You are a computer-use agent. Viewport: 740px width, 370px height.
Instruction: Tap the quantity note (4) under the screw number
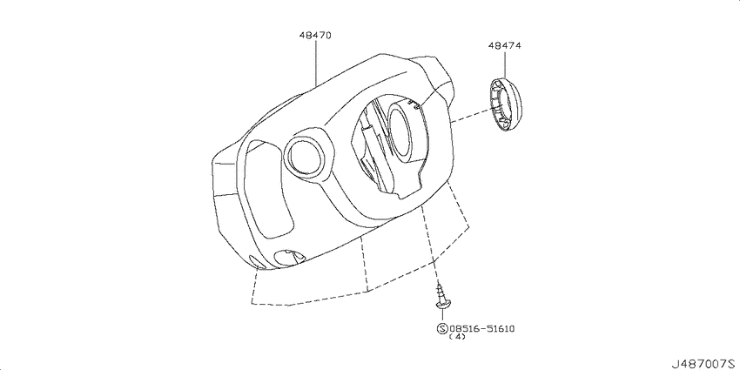point(456,338)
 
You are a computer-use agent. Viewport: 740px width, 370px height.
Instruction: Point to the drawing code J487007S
point(701,360)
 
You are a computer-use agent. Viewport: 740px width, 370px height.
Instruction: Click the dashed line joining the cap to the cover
point(466,116)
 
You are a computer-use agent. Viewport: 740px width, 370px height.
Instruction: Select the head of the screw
point(445,306)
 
